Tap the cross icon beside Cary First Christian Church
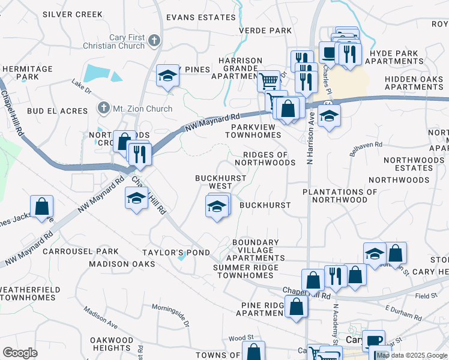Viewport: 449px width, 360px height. coord(155,41)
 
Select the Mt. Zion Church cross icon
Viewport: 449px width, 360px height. coord(101,109)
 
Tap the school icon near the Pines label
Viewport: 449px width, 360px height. coord(168,76)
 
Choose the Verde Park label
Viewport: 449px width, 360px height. coord(265,31)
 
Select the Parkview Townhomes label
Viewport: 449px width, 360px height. coord(253,131)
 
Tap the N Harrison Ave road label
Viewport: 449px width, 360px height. coord(311,136)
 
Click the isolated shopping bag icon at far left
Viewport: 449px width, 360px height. coord(42,207)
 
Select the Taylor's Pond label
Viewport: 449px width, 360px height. coord(176,253)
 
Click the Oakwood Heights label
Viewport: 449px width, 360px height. coord(112,344)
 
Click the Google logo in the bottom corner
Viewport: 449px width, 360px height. coord(20,352)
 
